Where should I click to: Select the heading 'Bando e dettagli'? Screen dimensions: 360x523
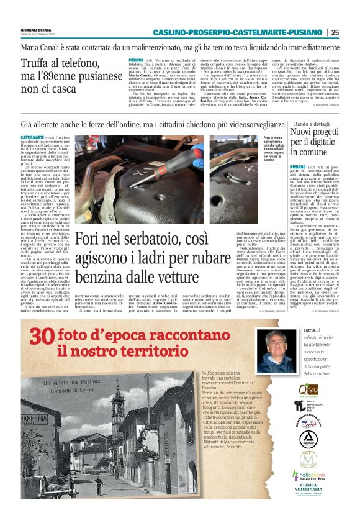point(312,124)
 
